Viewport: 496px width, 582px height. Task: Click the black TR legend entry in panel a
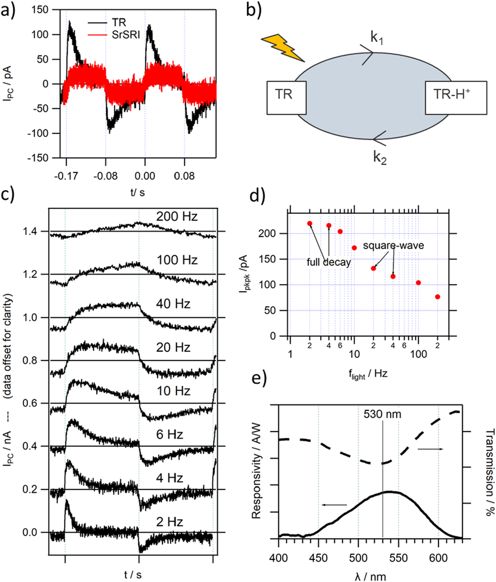(119, 23)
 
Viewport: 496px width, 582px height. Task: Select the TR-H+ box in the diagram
(456, 98)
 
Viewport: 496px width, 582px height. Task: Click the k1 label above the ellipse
(377, 38)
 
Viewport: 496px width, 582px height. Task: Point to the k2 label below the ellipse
(380, 158)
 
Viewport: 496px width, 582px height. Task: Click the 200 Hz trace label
(177, 216)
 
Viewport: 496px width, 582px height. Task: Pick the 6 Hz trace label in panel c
(170, 434)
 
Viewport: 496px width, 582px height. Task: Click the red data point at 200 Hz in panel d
(438, 297)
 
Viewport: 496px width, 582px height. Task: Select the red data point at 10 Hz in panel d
(354, 248)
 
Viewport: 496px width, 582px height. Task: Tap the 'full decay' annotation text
(329, 262)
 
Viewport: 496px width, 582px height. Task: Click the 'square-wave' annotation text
(393, 245)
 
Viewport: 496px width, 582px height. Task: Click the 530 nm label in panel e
(382, 414)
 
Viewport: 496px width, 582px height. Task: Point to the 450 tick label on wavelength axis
(318, 558)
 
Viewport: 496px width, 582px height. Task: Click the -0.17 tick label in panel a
(66, 176)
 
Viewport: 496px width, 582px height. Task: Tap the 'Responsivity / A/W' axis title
(256, 471)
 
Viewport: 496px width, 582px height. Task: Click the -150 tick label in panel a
(38, 158)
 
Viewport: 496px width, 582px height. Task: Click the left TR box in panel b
(286, 98)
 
